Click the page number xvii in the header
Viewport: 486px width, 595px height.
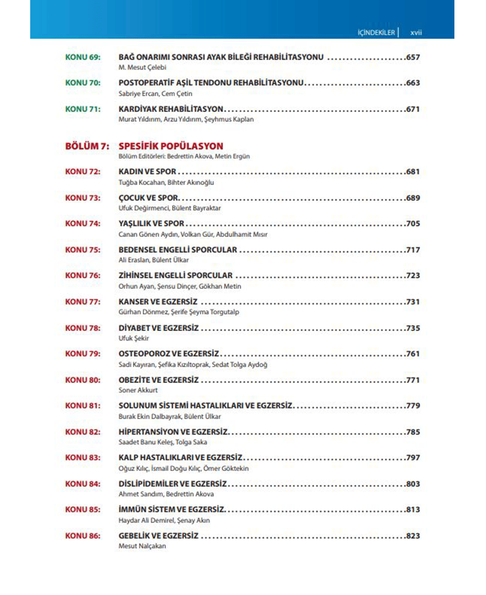[x=416, y=33]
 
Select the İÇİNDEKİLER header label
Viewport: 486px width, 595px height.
[x=376, y=33]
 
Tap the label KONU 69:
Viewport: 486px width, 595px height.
[x=83, y=57]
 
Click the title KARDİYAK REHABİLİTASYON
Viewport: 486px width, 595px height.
[x=171, y=109]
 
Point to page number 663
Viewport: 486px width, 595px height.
[x=413, y=83]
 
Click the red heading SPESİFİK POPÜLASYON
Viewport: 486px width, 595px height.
[x=171, y=146]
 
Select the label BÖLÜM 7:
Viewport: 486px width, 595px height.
[x=87, y=146]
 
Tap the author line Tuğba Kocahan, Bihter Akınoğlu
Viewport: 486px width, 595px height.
[x=166, y=182]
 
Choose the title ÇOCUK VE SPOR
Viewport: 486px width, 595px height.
[x=149, y=198]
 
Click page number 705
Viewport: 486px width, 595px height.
[x=413, y=224]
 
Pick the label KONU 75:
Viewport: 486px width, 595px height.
[x=83, y=250]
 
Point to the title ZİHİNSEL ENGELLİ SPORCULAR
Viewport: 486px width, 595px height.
[x=175, y=276]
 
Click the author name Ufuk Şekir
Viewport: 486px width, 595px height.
[x=133, y=338]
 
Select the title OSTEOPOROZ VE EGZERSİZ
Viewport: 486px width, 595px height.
[x=168, y=354]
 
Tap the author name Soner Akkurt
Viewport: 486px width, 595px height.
[x=138, y=390]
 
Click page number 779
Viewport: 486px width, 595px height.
[x=413, y=406]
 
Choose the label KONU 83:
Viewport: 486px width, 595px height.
[x=83, y=457]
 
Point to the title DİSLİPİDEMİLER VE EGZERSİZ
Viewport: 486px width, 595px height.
[x=172, y=484]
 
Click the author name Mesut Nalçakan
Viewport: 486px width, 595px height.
[x=142, y=546]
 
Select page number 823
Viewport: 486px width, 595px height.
[x=413, y=536]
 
